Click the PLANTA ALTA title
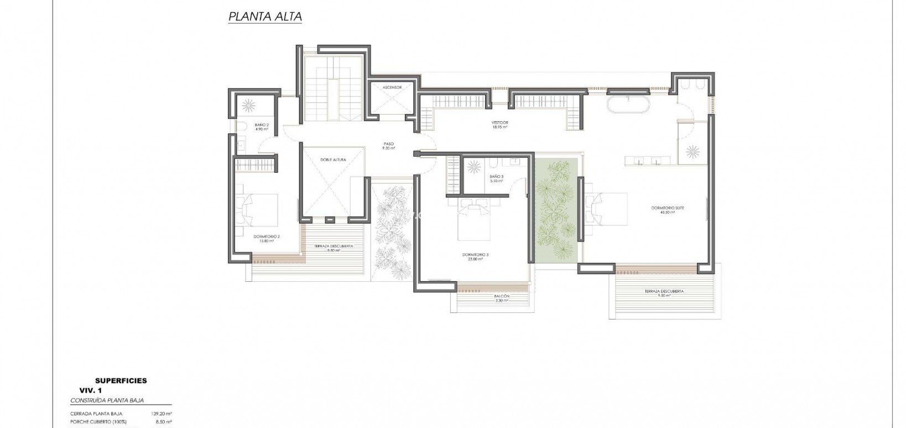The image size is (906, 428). tap(265, 17)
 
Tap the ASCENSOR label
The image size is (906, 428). tap(392, 87)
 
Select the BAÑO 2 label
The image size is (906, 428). tap(262, 127)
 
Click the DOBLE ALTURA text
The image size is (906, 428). tap(333, 159)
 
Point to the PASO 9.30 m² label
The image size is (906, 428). tap(388, 146)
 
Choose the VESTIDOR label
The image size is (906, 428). tap(499, 124)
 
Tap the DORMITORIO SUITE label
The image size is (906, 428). tap(668, 210)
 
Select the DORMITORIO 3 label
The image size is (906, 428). tap(475, 256)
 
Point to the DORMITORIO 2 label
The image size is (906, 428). tap(267, 238)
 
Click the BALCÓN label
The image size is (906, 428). tap(502, 298)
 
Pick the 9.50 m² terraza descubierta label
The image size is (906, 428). tap(664, 293)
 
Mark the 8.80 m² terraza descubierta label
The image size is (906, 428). tap(333, 248)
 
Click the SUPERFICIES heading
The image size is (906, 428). tap(121, 380)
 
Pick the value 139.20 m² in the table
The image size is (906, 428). tap(161, 414)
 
